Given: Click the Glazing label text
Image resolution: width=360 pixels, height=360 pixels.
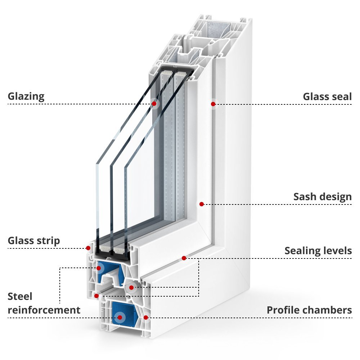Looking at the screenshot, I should point(26,96).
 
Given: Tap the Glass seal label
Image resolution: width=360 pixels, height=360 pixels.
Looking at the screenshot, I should point(327,96).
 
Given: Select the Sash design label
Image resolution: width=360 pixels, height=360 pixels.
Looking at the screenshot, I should point(322,197).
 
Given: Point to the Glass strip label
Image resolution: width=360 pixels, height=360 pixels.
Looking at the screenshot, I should point(34,240).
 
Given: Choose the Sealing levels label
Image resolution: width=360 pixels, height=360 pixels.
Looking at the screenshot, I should point(318,251).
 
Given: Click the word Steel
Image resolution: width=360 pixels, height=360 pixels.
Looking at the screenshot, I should point(20,297).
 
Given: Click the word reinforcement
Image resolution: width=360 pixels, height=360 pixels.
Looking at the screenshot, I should point(44,310).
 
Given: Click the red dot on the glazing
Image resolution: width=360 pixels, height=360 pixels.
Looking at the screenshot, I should point(154,104).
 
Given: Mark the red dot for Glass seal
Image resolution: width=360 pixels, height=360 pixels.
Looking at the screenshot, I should point(213,104).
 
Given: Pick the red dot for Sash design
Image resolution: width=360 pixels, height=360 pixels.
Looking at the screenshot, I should point(202,204).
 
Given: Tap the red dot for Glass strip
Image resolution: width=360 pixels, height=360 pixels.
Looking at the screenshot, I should point(88,248).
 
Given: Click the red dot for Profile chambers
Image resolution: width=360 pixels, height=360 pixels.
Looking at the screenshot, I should point(146,317).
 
